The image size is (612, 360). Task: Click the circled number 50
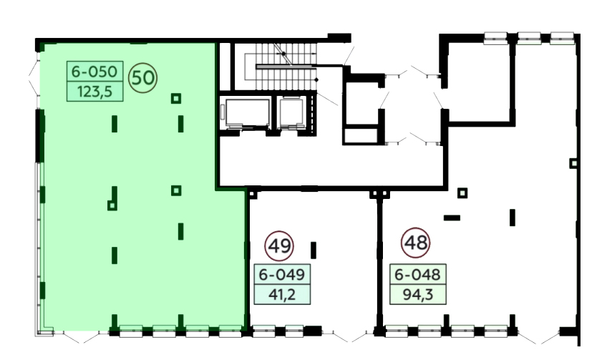pos(143,78)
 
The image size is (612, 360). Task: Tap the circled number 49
pos(279,246)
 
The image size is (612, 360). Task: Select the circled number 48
pos(416,243)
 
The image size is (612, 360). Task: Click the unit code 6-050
pos(94,72)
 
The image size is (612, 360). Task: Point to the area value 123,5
pos(95,92)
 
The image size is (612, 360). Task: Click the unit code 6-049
pos(282,275)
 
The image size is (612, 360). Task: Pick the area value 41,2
pos(282,295)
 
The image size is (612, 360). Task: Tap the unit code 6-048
pos(417,275)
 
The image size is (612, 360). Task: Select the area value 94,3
pos(418,295)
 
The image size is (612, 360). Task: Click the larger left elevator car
pos(246,114)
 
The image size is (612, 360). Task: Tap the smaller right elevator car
pos(291,113)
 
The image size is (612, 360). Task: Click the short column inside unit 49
pos(314,250)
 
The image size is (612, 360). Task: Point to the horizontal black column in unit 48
pos(452,218)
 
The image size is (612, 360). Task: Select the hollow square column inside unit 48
pos(462,193)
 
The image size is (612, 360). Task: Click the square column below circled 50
pos(176,98)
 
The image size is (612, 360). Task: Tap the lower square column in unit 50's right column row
pos(176,190)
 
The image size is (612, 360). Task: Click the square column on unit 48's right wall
pos(573,163)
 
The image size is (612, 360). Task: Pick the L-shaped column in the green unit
pos(113,199)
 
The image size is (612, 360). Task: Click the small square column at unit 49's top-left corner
pos(252,194)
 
